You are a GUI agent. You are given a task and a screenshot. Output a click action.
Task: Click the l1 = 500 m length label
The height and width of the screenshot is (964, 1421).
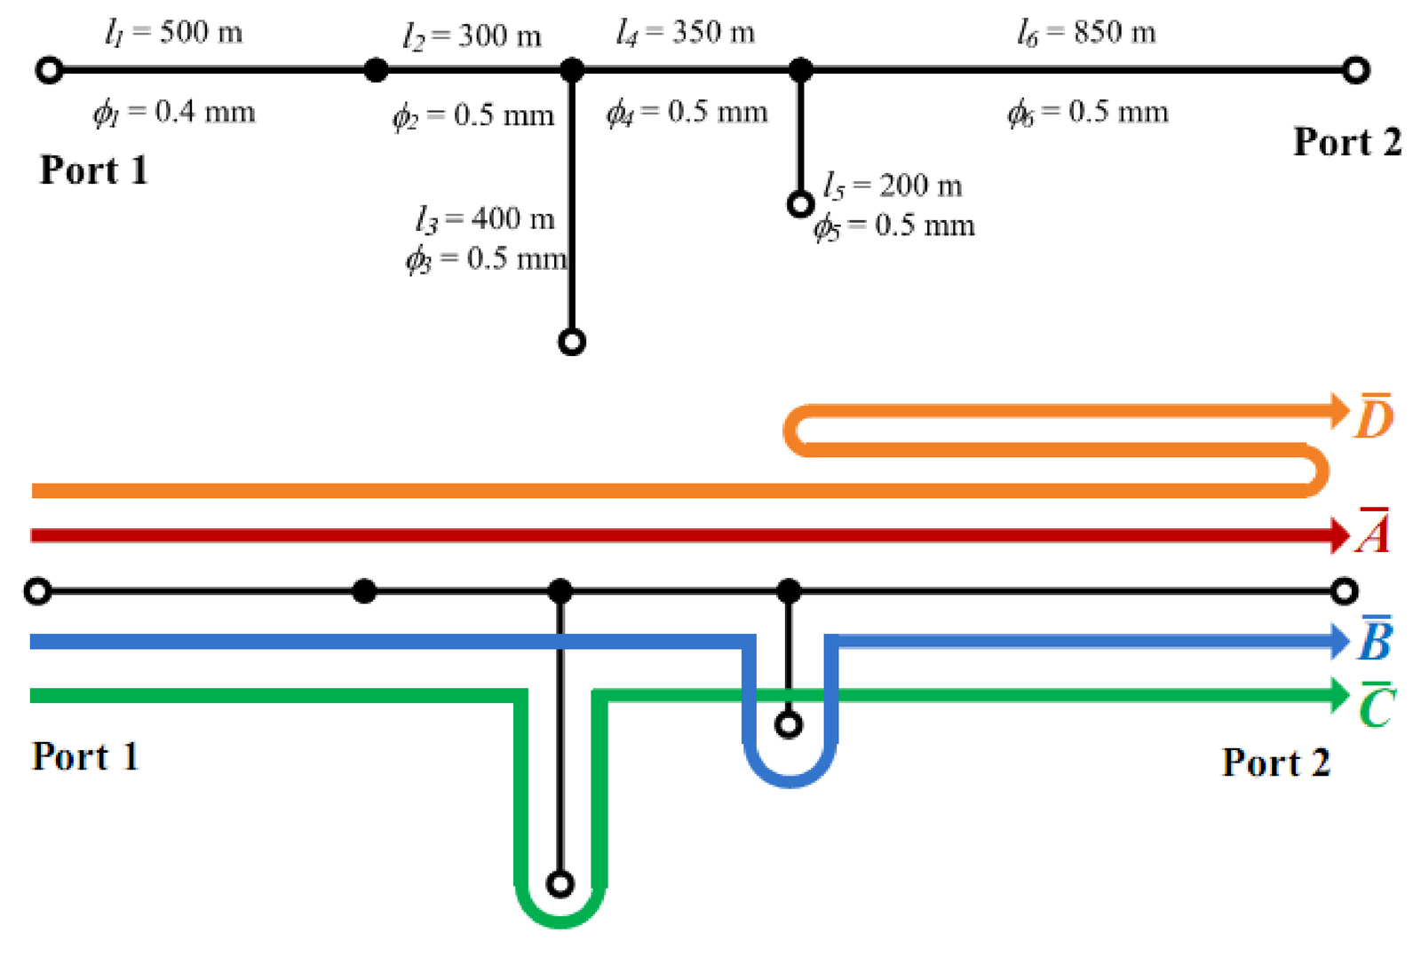point(173,33)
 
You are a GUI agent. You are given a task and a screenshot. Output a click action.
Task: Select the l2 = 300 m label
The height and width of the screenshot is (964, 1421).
point(472,36)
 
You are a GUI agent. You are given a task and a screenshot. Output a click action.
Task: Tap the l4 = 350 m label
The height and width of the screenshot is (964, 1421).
point(686,33)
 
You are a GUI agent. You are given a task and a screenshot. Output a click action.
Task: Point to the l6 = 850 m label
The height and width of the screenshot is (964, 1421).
point(1086,33)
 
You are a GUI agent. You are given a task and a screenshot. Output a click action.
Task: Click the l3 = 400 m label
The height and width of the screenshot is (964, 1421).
point(485,218)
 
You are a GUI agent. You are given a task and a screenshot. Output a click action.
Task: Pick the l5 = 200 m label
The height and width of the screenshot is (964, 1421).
point(893,186)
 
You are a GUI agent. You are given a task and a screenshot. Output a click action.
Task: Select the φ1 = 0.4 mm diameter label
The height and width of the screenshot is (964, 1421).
point(174,112)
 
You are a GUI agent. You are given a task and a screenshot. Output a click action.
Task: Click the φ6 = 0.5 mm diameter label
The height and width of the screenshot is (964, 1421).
point(1088,112)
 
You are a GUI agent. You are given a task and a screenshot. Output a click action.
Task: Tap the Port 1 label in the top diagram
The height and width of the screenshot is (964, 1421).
point(93,170)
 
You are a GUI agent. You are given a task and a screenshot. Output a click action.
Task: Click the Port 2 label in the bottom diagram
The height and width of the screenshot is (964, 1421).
point(1275,763)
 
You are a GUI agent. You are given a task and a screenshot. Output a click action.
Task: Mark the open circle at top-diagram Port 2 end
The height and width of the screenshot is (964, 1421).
point(1355,69)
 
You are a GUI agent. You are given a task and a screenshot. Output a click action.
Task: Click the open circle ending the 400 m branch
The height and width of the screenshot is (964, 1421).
point(572,342)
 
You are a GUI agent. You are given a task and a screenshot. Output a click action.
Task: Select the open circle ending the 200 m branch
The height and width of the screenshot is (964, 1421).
point(800,205)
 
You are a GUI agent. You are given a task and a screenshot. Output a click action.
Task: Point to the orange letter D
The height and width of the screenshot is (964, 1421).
point(1373,417)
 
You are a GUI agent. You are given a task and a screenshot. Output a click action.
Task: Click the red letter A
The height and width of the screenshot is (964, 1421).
point(1373,533)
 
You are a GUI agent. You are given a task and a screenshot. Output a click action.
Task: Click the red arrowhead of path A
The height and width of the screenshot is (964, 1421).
point(1341,535)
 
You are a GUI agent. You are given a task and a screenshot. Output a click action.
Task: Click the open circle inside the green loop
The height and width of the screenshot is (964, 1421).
point(560,884)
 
